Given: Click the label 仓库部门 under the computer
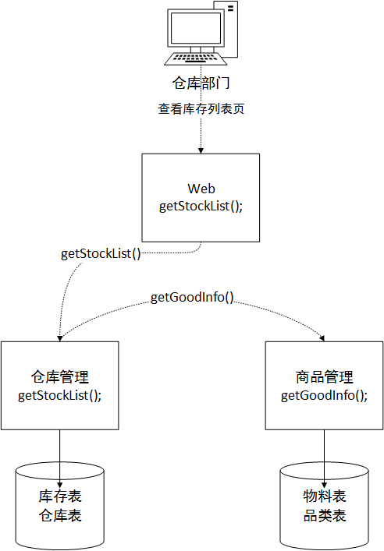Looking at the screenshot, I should [201, 83].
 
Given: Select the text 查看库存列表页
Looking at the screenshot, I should [201, 108].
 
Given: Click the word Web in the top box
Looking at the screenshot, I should [201, 189].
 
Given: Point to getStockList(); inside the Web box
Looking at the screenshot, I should [201, 206].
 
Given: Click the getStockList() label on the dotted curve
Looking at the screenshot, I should [101, 253].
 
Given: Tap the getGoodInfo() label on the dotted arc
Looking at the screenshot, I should [192, 297].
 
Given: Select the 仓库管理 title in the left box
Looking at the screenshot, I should [60, 377].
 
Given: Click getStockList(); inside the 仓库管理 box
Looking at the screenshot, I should [60, 394].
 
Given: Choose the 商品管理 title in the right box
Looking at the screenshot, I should [324, 377].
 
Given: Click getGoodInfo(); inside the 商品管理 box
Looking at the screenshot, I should [324, 394].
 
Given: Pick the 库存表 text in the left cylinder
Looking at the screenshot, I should [60, 496].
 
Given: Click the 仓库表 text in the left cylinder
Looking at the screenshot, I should [60, 515].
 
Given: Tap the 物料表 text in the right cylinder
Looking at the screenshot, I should [324, 496].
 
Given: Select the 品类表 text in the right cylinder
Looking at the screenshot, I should [324, 515].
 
